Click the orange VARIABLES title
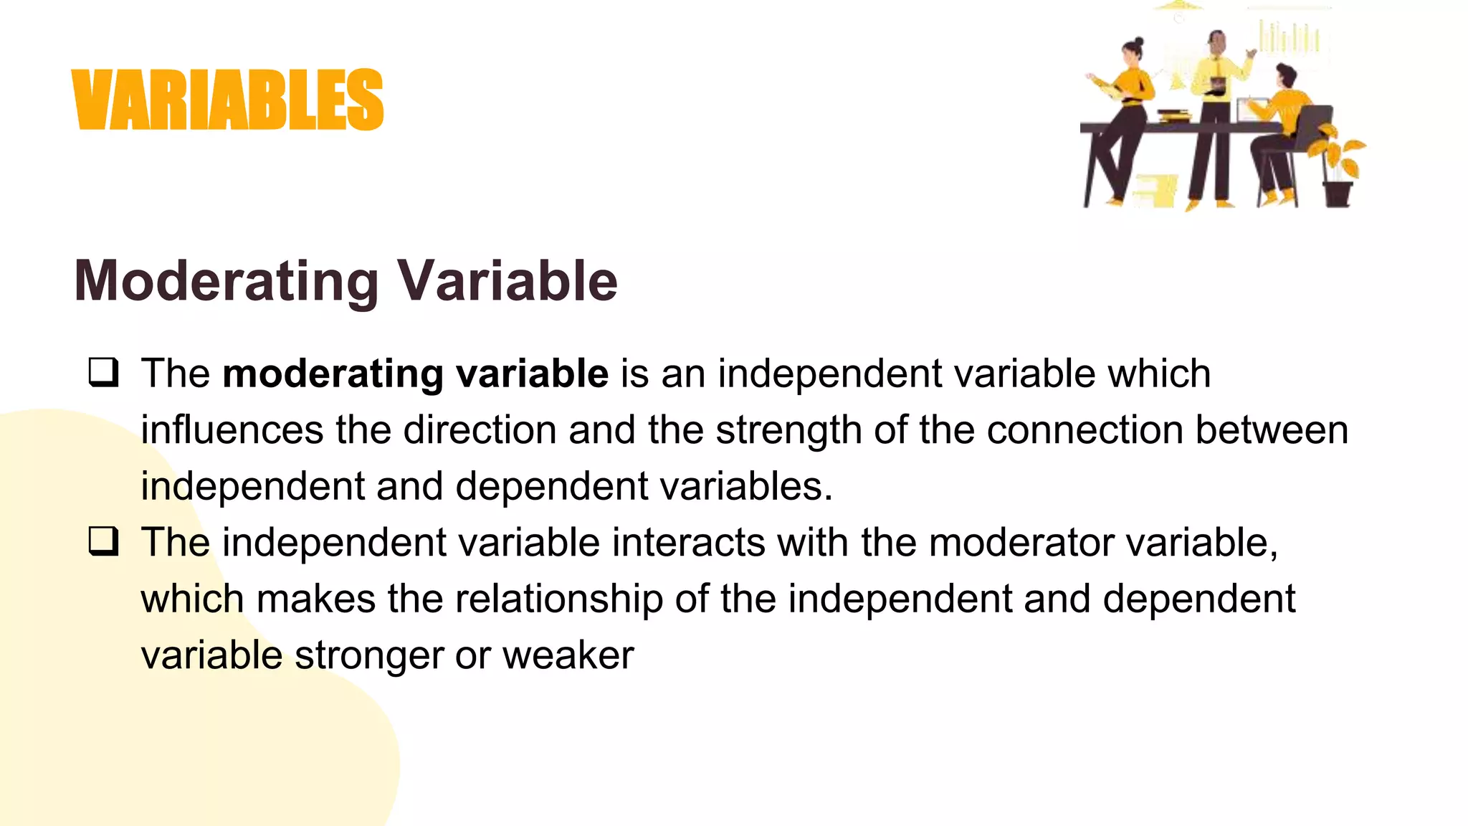[228, 100]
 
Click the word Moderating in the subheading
[227, 281]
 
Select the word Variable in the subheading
[507, 281]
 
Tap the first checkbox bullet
[104, 373]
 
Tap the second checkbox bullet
[104, 541]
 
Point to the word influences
[232, 430]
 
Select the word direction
[480, 430]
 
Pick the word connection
[1085, 430]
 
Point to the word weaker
[568, 655]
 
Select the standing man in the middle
[1214, 108]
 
